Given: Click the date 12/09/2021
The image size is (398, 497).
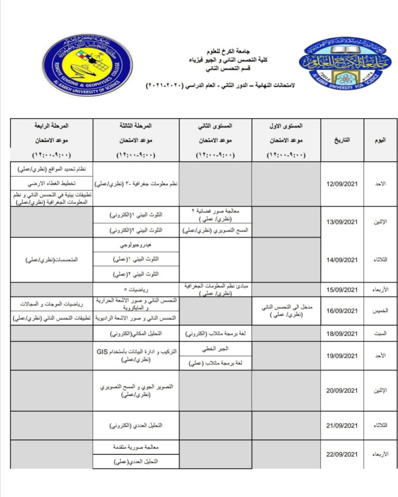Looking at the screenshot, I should point(342,184).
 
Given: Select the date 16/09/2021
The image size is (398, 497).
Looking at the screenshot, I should point(342,311).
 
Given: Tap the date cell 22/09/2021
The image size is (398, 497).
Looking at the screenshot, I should point(342,454).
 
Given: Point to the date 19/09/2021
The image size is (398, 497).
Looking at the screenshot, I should point(342,356).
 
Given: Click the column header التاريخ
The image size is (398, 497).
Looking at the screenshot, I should point(342,140).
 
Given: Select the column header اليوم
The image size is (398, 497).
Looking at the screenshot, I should point(380,140).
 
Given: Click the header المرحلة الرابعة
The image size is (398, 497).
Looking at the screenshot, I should point(51,126).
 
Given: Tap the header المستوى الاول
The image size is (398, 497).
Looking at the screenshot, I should point(286,126).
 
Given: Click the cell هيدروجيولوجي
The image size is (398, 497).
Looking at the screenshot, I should point(136,245).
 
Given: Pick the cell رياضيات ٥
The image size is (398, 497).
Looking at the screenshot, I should point(136,289).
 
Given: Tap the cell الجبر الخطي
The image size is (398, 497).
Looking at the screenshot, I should point(215,349).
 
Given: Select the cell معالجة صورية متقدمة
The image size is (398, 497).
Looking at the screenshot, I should point(136,447).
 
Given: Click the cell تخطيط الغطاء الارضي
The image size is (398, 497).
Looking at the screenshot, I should point(52,183).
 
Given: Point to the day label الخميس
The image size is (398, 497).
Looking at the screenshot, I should point(380,311).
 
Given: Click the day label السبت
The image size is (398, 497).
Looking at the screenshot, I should point(380,334).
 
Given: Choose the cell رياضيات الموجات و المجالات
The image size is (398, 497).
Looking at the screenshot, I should point(52,304).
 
